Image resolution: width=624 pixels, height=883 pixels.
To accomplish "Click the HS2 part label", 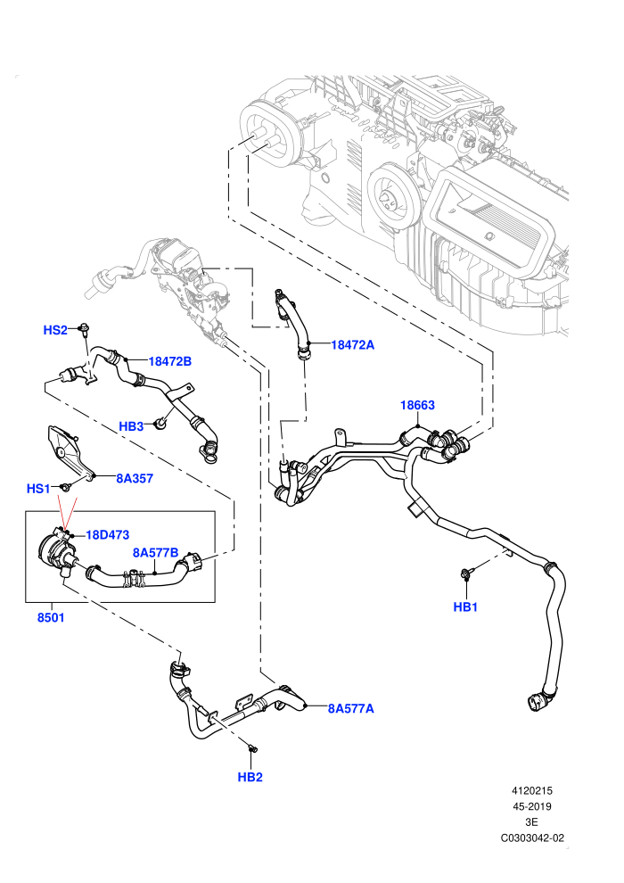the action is pos(55,330).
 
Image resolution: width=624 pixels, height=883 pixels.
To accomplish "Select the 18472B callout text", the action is pos(170,361).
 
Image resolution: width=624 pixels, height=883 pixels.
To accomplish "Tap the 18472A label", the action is pos(352,344).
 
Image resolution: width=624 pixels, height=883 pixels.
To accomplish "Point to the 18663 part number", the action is pos(417,405).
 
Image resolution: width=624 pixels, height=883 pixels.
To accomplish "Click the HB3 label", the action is pos(131,426).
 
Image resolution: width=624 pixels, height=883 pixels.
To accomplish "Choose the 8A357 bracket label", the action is pos(135,478).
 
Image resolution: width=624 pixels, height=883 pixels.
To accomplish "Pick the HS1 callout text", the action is pos(38,488).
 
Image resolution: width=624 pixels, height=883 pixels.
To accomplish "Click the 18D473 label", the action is pos(108,534).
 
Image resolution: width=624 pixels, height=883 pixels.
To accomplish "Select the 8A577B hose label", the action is pos(155,552).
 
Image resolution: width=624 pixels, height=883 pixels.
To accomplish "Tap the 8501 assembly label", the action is pos(51,617).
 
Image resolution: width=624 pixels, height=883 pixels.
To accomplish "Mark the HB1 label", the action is pos(465,607).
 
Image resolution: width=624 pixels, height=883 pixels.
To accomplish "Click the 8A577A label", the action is pos(350,708).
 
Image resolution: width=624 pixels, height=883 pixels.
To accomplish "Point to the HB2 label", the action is pos(250,777).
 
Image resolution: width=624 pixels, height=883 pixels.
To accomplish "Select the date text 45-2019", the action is pos(531,806).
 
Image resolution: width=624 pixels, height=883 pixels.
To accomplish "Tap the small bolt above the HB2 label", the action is pos(252,747).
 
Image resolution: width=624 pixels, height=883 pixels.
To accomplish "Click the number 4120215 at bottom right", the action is pos(531,790).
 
